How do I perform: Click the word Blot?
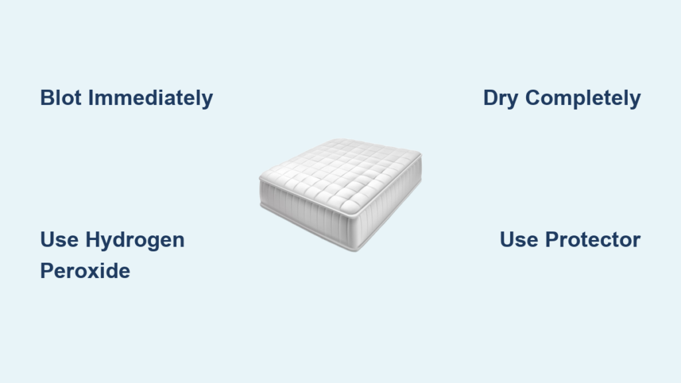click(x=61, y=98)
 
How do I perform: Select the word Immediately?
click(x=151, y=98)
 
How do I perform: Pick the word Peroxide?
click(x=85, y=271)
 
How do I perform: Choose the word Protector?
click(x=593, y=239)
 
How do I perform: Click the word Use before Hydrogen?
click(x=59, y=239)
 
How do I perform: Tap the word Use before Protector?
click(x=519, y=239)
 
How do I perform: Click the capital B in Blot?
click(x=47, y=98)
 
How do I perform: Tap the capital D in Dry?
click(x=491, y=98)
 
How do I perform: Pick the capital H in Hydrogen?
click(x=93, y=239)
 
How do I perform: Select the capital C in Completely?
click(x=534, y=98)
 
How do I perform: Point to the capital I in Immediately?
click(x=90, y=98)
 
